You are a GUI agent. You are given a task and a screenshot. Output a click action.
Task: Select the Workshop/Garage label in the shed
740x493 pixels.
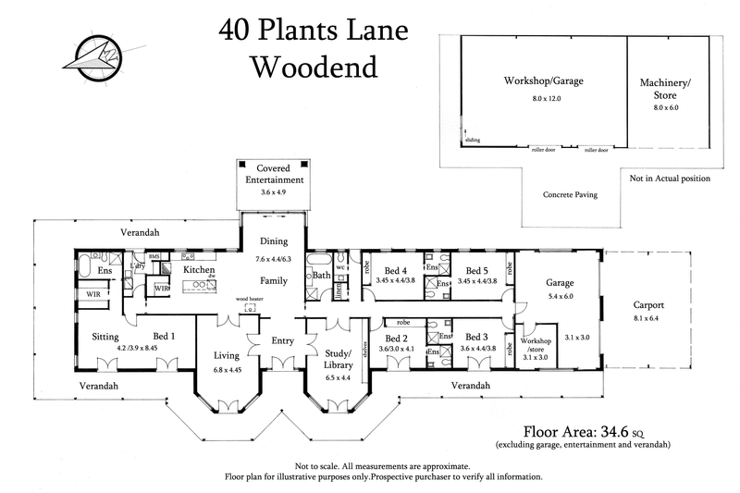pyautogui.click(x=543, y=81)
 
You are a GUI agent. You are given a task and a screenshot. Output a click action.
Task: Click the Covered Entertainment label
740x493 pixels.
pyautogui.click(x=274, y=173)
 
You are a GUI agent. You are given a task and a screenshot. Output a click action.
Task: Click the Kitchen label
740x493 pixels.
pyautogui.click(x=199, y=269)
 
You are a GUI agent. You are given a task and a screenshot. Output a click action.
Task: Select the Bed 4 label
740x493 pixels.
pyautogui.click(x=396, y=269)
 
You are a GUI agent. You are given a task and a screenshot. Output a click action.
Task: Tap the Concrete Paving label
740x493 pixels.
pyautogui.click(x=567, y=195)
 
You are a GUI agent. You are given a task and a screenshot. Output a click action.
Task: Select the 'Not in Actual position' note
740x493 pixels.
pyautogui.click(x=670, y=178)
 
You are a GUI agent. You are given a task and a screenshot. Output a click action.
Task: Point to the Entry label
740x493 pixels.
pyautogui.click(x=282, y=340)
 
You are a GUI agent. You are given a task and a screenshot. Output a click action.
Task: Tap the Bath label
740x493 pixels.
pyautogui.click(x=321, y=275)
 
